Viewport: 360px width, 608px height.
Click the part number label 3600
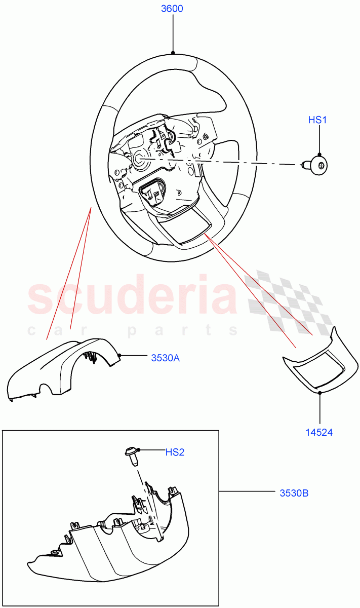tap(172, 9)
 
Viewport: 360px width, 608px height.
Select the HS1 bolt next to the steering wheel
tap(317, 164)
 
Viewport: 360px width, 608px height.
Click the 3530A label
tap(166, 357)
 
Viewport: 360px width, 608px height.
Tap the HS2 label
tap(175, 452)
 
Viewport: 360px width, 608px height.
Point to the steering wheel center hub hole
tap(138, 158)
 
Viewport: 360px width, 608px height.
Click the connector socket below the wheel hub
tap(151, 190)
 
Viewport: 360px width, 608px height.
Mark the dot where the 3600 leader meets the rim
tap(173, 53)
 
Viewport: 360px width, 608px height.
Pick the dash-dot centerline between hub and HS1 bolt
tap(228, 162)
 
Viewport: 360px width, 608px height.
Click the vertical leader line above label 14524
tap(319, 408)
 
